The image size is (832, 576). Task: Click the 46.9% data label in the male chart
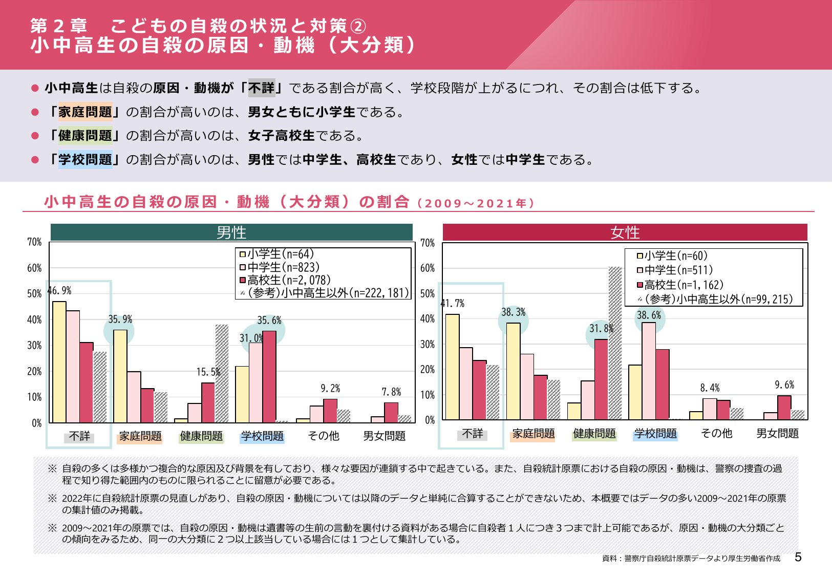coord(59,291)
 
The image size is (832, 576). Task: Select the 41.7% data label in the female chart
coord(453,303)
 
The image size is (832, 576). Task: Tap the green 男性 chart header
coord(231,232)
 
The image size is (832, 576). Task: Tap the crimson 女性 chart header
coord(625,232)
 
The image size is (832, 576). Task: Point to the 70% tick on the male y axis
coord(34,242)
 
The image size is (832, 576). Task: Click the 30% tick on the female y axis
coord(428,345)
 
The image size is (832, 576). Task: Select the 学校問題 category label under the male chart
coord(262,436)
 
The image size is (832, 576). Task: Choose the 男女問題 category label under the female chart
coord(777,434)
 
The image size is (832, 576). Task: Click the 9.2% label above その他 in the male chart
coord(330,389)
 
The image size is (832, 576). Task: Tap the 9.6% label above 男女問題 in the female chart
coord(784,385)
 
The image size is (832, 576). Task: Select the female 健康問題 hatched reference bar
coord(615,343)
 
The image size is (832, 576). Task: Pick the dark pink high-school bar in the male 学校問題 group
coord(269,376)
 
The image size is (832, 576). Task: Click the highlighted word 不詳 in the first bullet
coord(262,88)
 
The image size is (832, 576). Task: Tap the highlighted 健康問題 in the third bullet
coord(85,136)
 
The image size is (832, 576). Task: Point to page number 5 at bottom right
coord(798,557)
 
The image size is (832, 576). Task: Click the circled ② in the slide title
coord(358,26)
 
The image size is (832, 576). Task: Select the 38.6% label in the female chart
coord(649,315)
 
